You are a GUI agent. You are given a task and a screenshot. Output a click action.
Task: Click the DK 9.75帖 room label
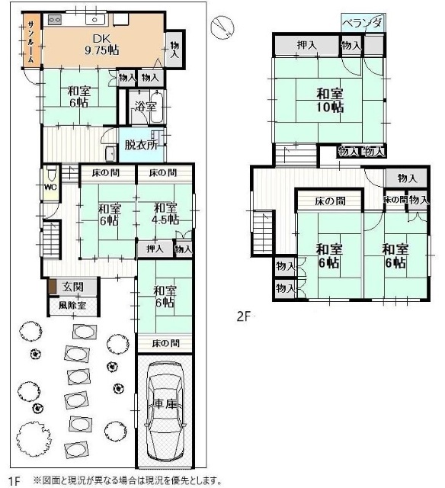coord(101,44)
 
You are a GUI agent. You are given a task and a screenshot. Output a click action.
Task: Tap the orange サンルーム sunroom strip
coord(31,39)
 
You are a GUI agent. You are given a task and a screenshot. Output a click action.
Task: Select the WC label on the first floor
coord(50,187)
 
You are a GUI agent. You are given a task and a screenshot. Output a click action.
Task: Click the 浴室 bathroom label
coord(145,107)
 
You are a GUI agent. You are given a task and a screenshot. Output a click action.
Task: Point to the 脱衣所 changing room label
coord(141,145)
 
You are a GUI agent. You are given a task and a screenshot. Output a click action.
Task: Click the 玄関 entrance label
coord(72,287)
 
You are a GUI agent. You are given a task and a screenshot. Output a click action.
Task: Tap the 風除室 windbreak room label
coord(72,305)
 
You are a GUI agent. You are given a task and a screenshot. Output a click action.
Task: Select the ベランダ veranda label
coord(363,23)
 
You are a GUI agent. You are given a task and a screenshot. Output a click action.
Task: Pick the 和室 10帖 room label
coord(330,100)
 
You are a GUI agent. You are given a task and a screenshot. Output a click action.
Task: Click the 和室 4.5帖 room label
coord(165,213)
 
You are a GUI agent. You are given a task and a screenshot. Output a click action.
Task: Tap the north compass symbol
coord(222,27)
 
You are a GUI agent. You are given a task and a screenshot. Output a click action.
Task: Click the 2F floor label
coord(244,316)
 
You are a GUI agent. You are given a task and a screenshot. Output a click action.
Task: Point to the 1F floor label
coord(14,481)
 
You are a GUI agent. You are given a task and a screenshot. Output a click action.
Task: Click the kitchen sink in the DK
coord(95,20)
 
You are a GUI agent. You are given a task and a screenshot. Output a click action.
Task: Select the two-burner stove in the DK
coord(55,20)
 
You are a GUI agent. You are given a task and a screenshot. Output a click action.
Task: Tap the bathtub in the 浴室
coord(158,107)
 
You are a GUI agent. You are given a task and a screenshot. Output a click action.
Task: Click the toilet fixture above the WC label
coord(51,173)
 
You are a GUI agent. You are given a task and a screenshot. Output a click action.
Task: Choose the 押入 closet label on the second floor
coord(306,45)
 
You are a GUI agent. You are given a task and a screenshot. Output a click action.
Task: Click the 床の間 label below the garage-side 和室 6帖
coord(166,343)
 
